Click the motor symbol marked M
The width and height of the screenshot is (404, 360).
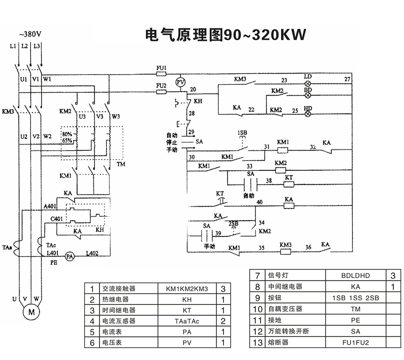31,311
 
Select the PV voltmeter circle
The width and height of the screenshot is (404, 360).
180,82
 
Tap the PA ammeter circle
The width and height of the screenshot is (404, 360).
69,256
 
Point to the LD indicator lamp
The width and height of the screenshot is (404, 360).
308,84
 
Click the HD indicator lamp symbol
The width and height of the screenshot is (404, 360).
308,114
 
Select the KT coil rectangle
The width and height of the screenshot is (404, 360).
289,184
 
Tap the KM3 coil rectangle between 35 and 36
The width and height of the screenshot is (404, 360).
286,251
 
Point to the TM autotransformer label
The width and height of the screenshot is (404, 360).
121,164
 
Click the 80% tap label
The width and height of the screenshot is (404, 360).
67,134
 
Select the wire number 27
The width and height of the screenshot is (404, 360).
347,80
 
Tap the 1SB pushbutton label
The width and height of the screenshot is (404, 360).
242,133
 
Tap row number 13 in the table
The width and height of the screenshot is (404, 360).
258,342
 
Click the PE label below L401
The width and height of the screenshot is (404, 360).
53,261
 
